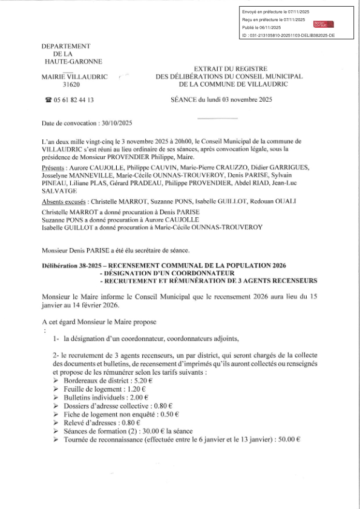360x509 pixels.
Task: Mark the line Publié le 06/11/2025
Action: (261, 28)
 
